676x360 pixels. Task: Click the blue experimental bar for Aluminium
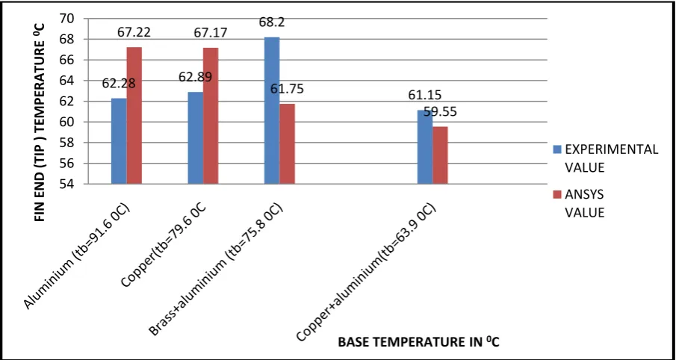click(119, 141)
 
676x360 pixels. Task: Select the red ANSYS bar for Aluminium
click(134, 116)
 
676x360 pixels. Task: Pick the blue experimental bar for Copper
click(195, 138)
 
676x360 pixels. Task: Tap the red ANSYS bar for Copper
click(211, 116)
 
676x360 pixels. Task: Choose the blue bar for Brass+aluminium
click(272, 111)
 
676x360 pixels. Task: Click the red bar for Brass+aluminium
click(287, 144)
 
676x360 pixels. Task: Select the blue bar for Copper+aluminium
click(425, 147)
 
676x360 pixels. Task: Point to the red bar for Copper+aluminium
click(440, 155)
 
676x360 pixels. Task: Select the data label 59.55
click(440, 111)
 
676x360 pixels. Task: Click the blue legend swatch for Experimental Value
click(558, 150)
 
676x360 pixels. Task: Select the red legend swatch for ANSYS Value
click(558, 195)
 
